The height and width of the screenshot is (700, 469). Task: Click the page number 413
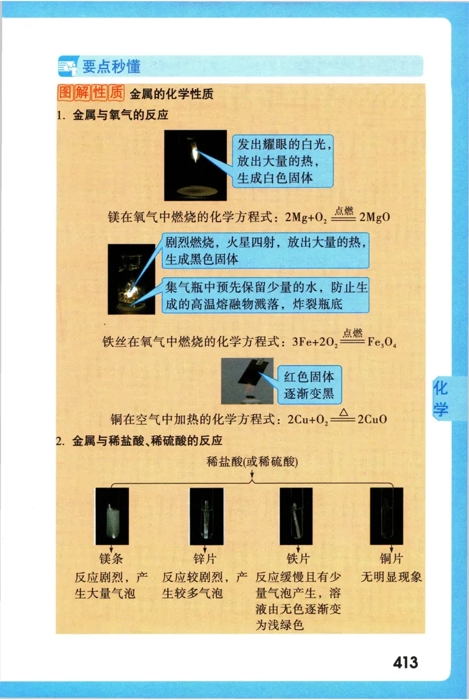[x=406, y=662]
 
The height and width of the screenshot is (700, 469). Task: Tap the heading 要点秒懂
[x=111, y=66]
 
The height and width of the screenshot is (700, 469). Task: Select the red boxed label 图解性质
[x=92, y=93]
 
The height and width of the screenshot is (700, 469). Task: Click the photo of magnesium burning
[x=195, y=165]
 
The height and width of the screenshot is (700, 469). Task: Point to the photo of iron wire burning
[x=131, y=279]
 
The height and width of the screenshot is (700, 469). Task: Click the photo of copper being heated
[x=248, y=380]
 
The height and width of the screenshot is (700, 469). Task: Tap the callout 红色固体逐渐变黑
[x=308, y=385]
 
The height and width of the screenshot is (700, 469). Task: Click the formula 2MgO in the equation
[x=375, y=218]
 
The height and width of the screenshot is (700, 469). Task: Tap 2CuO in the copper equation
[x=372, y=420]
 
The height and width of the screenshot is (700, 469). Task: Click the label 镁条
[x=111, y=558]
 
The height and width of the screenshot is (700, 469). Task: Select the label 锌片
[x=205, y=558]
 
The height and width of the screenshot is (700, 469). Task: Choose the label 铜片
[x=391, y=558]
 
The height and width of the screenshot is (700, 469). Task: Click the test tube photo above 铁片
[x=296, y=516]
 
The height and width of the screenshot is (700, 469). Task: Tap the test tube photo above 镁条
[x=111, y=516]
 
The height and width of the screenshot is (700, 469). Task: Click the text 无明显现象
[x=391, y=576]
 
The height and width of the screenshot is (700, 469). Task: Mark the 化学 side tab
[x=441, y=399]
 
